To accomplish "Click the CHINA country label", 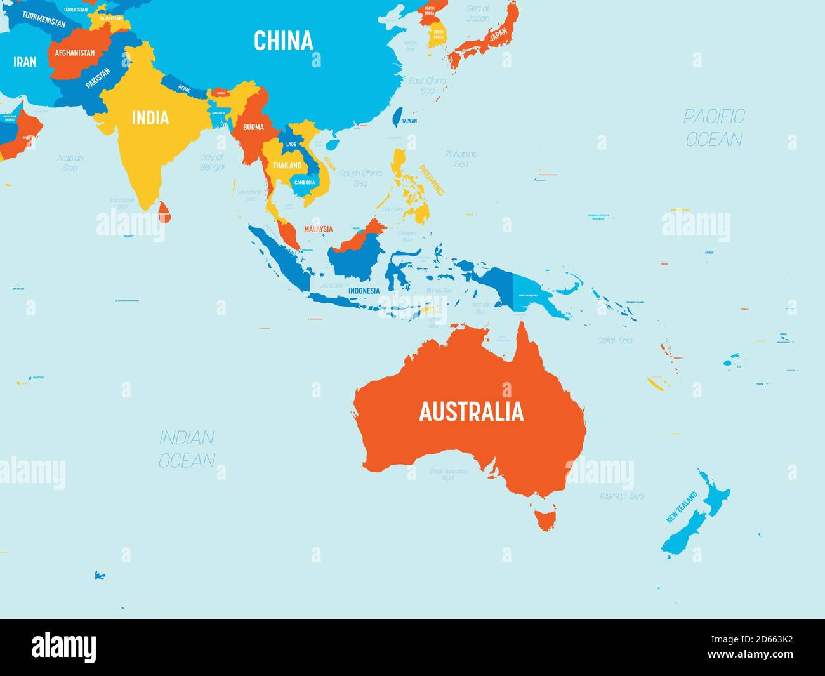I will pos(284,41).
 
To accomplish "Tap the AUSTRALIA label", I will pos(471,411).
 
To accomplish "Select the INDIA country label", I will pos(150,117).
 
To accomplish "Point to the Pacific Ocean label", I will pos(714,128).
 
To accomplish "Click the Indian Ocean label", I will pos(187,449).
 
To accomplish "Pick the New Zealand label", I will pos(682,507).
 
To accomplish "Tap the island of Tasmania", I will pos(545,515).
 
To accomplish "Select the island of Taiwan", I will pos(398,117).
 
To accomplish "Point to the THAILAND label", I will pos(287,165).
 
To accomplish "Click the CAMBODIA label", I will pos(304,183).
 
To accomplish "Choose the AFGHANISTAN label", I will pos(75,53).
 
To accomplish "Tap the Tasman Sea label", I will pos(621,496).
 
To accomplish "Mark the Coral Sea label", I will pos(614,340).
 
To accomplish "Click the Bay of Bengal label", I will pos(213,162).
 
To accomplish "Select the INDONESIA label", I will pos(364,291).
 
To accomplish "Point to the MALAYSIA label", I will pos(318,229).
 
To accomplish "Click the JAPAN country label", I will pos(498,32).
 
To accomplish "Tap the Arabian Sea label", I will pos(70,162).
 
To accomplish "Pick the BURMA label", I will pos(253,127).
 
